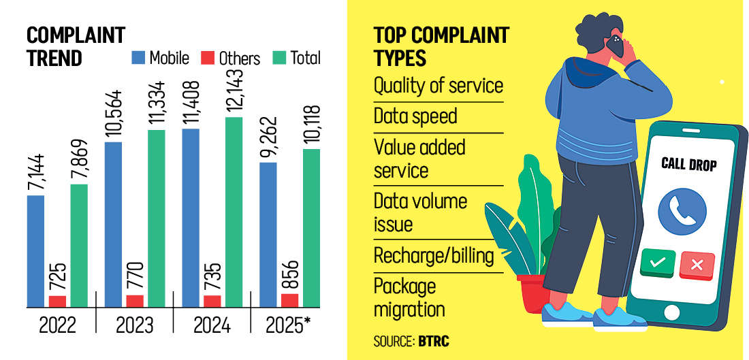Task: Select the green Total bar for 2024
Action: [234, 211]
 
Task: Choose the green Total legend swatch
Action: [278, 59]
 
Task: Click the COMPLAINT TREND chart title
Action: [67, 46]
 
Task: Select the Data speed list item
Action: [415, 116]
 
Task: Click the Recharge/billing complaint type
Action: [434, 256]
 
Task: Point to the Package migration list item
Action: [409, 297]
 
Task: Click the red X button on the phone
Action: [697, 265]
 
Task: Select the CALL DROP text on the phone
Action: [689, 164]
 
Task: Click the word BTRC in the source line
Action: [434, 341]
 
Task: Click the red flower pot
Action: [533, 293]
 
